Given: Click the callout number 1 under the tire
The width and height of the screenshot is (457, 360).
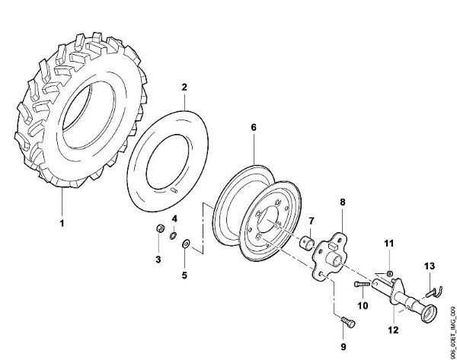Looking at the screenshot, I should (63, 225).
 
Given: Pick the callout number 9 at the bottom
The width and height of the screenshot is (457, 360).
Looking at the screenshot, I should (342, 346).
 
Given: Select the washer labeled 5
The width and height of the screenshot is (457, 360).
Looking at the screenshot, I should (188, 246).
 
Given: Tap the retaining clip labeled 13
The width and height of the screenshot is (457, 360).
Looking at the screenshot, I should (433, 288).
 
